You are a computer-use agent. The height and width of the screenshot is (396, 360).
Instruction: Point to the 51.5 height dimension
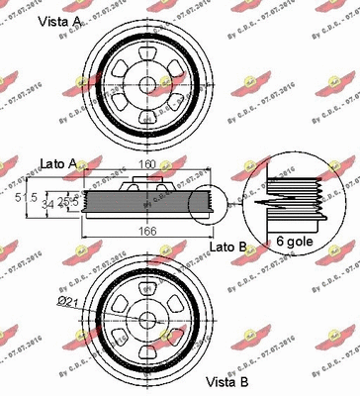tap(33, 196)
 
